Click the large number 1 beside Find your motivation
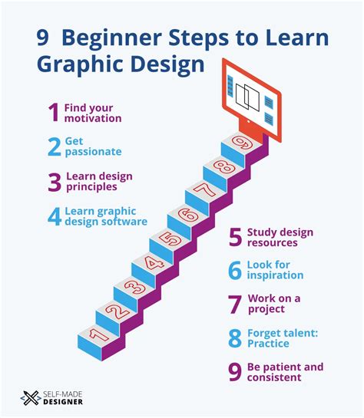tap(53, 114)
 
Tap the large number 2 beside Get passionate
tap(53, 146)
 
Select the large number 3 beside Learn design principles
tap(53, 181)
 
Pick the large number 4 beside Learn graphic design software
tap(53, 216)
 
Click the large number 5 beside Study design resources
tap(234, 238)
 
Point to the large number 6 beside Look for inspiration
tap(234, 270)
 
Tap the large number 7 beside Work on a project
tap(234, 303)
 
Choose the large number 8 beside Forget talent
tap(234, 338)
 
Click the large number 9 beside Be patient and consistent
tap(234, 372)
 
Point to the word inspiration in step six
tap(276, 275)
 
